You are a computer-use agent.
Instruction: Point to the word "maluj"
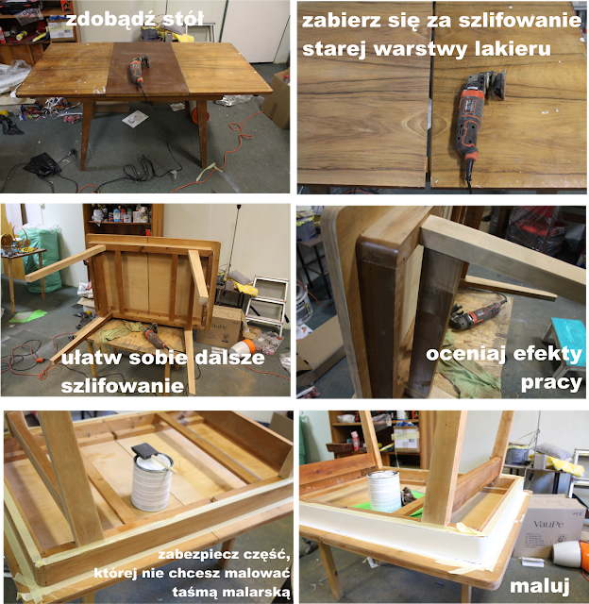click(x=540, y=585)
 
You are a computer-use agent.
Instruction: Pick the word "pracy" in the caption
click(x=551, y=382)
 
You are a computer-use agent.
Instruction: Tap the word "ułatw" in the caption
click(x=93, y=358)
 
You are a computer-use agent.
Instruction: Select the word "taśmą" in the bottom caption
click(x=194, y=592)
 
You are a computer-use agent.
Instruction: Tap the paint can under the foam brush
click(x=152, y=482)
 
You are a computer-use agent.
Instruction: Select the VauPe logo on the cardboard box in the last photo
click(x=548, y=525)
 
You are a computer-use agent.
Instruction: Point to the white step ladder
click(x=267, y=305)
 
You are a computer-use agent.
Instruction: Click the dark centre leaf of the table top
click(x=147, y=69)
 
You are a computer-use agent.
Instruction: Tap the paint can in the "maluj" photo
click(x=383, y=491)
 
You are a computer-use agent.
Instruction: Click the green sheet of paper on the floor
click(x=27, y=317)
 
